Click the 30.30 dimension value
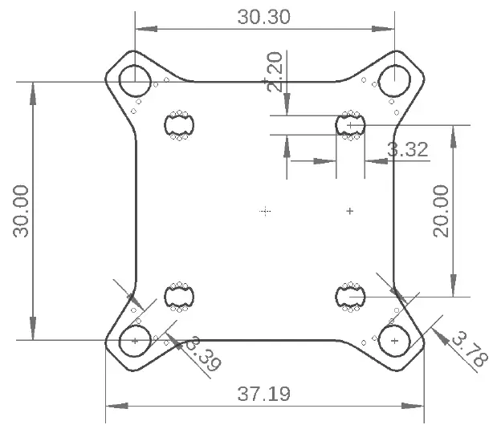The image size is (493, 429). tap(263, 17)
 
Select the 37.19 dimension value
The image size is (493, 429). tap(263, 394)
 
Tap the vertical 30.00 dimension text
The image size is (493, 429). tap(21, 211)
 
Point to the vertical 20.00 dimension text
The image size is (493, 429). tap(441, 211)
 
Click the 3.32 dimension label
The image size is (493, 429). tap(407, 149)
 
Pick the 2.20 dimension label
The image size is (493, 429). tap(275, 72)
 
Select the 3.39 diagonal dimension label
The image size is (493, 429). tap(202, 355)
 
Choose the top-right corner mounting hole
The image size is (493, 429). tap(393, 80)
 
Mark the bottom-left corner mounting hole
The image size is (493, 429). tap(134, 342)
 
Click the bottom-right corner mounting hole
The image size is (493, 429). tap(393, 342)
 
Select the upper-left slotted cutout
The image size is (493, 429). tap(180, 125)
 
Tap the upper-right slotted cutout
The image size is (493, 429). tap(350, 125)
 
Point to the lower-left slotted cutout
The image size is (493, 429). tap(180, 297)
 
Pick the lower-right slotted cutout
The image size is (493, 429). tap(350, 297)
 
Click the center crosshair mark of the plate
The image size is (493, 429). tap(266, 211)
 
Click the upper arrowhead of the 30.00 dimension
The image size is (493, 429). tap(32, 91)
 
